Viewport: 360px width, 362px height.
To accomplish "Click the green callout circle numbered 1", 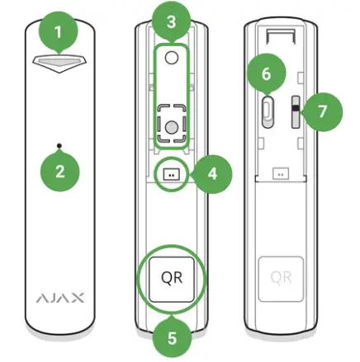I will [x=59, y=33].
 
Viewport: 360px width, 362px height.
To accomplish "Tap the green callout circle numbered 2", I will [x=59, y=174].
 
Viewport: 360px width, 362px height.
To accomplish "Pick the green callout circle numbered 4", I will [x=213, y=174].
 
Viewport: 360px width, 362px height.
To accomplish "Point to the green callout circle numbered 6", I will [x=266, y=74].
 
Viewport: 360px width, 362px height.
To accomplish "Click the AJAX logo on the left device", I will [x=59, y=295].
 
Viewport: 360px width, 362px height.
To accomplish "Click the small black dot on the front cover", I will [x=59, y=146].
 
